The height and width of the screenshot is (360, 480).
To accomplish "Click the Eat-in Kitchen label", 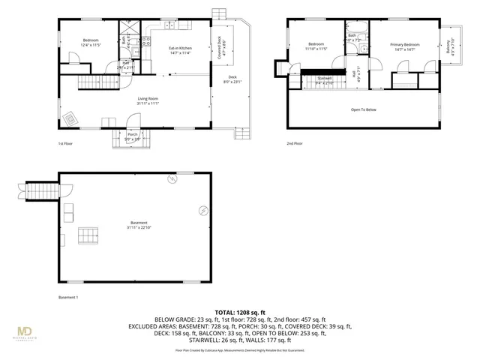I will click(x=180, y=50).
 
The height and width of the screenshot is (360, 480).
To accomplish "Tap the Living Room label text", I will click(x=147, y=100).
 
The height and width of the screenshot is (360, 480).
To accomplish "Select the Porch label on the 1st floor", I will click(x=131, y=136).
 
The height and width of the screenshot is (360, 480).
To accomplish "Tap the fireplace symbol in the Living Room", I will click(x=71, y=118).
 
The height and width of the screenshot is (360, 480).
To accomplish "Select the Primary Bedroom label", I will click(x=404, y=46).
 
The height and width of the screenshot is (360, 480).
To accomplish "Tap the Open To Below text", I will click(x=364, y=109).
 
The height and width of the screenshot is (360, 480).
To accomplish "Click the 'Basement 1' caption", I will click(x=67, y=297).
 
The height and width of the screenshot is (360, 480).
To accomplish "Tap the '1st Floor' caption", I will click(x=65, y=142).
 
